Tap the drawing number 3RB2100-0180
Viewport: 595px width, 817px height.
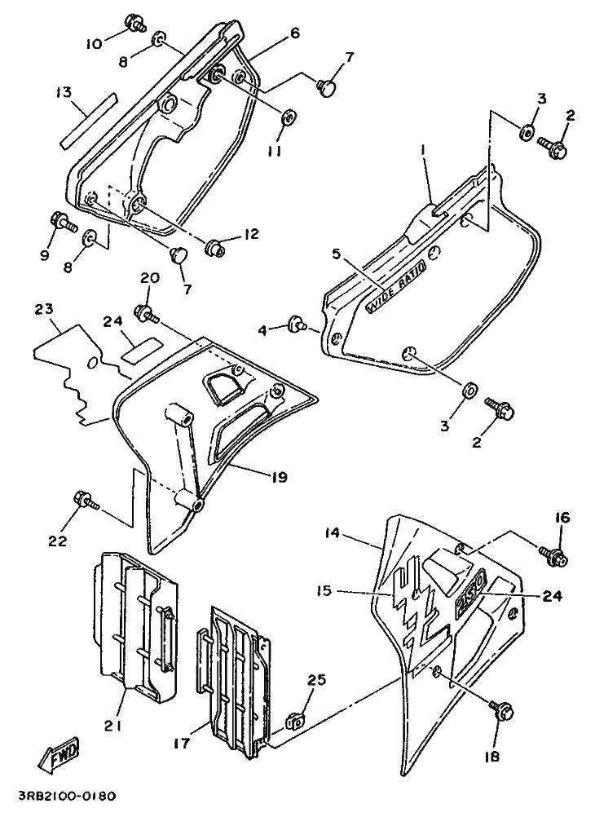click(68, 797)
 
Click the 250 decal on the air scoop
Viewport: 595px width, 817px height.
click(471, 593)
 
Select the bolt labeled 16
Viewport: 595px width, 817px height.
click(553, 555)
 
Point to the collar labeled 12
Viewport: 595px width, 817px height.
click(217, 247)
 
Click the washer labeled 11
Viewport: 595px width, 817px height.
click(288, 117)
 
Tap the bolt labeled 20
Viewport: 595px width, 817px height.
click(147, 312)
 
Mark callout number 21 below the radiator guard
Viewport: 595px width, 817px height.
click(115, 725)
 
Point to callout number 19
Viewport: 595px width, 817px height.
click(280, 477)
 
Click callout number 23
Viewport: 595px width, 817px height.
click(44, 309)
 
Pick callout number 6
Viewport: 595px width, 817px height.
click(295, 33)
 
